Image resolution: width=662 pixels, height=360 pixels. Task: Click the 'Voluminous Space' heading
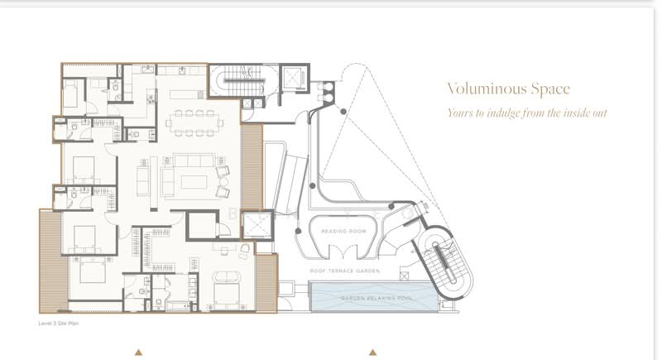click(509, 89)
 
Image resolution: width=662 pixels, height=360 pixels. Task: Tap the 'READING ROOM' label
click(344, 233)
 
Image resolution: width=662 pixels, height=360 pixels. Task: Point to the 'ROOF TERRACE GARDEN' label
click(345, 271)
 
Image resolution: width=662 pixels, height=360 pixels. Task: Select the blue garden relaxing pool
click(371, 295)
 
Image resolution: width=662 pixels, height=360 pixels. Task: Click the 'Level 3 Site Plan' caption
click(59, 324)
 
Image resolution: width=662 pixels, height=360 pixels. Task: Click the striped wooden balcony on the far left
click(50, 260)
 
